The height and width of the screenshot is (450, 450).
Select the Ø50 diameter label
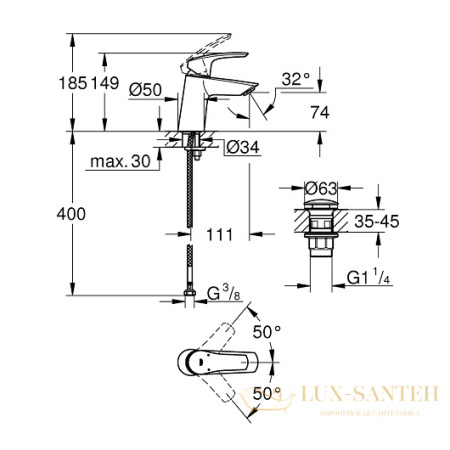click(x=146, y=89)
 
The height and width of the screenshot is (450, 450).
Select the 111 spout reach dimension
click(x=220, y=235)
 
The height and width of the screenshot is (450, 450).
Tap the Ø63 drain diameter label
click(x=322, y=186)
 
